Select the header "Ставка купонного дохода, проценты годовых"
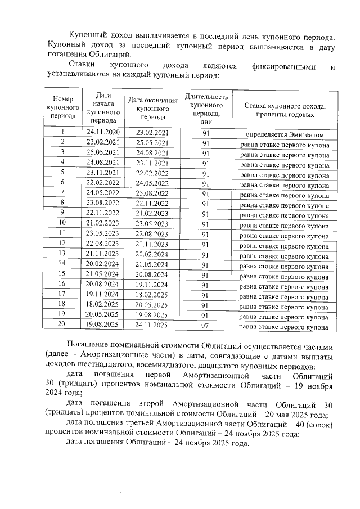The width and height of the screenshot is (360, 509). [285, 107]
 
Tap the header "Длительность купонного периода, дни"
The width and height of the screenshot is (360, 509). [206, 107]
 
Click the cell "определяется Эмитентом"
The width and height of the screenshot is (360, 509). [285, 134]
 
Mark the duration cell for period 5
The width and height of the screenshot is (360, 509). [206, 173]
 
